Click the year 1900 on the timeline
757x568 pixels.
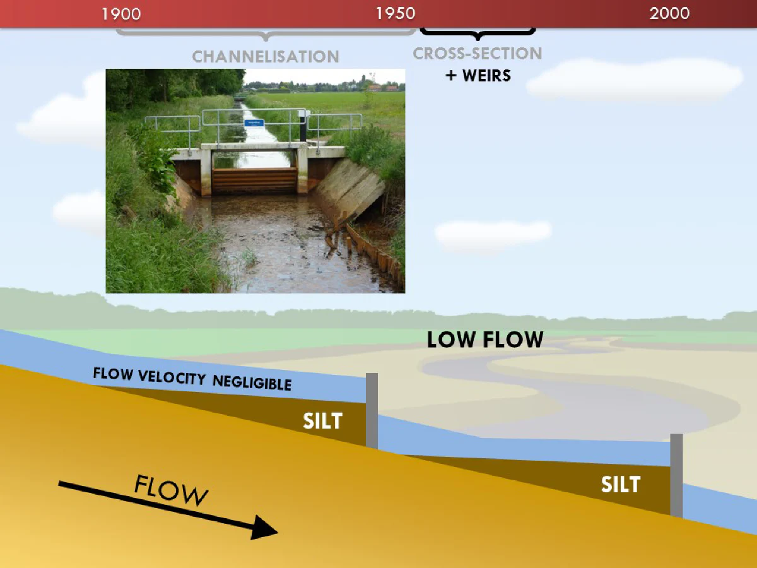(121, 14)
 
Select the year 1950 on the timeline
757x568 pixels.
(396, 13)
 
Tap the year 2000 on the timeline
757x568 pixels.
(669, 13)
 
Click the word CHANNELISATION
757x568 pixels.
(266, 57)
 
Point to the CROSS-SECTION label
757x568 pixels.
(478, 54)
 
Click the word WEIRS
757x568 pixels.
(486, 76)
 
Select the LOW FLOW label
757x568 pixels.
(485, 340)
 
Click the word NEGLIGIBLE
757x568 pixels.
(252, 382)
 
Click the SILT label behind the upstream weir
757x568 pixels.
(323, 421)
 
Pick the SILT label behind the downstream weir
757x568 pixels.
(621, 484)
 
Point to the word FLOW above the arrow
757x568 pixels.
(171, 490)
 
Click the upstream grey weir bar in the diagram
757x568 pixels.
(372, 411)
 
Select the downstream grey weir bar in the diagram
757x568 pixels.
(676, 476)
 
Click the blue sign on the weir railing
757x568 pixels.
(254, 123)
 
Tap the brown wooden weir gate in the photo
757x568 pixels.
(254, 180)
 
